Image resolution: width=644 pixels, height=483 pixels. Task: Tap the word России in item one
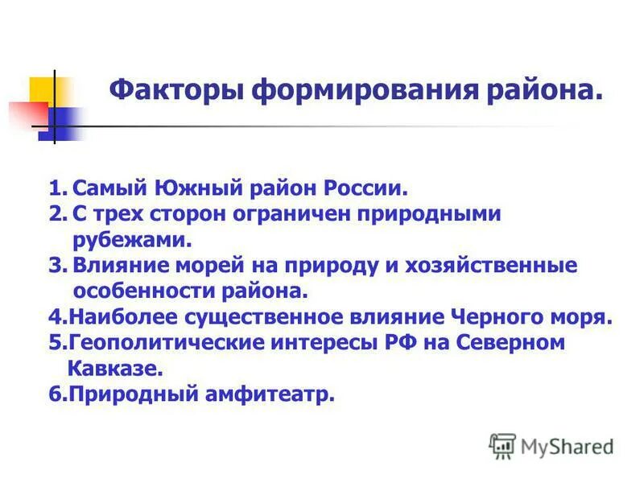363,189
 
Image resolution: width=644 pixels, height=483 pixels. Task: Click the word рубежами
132,239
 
